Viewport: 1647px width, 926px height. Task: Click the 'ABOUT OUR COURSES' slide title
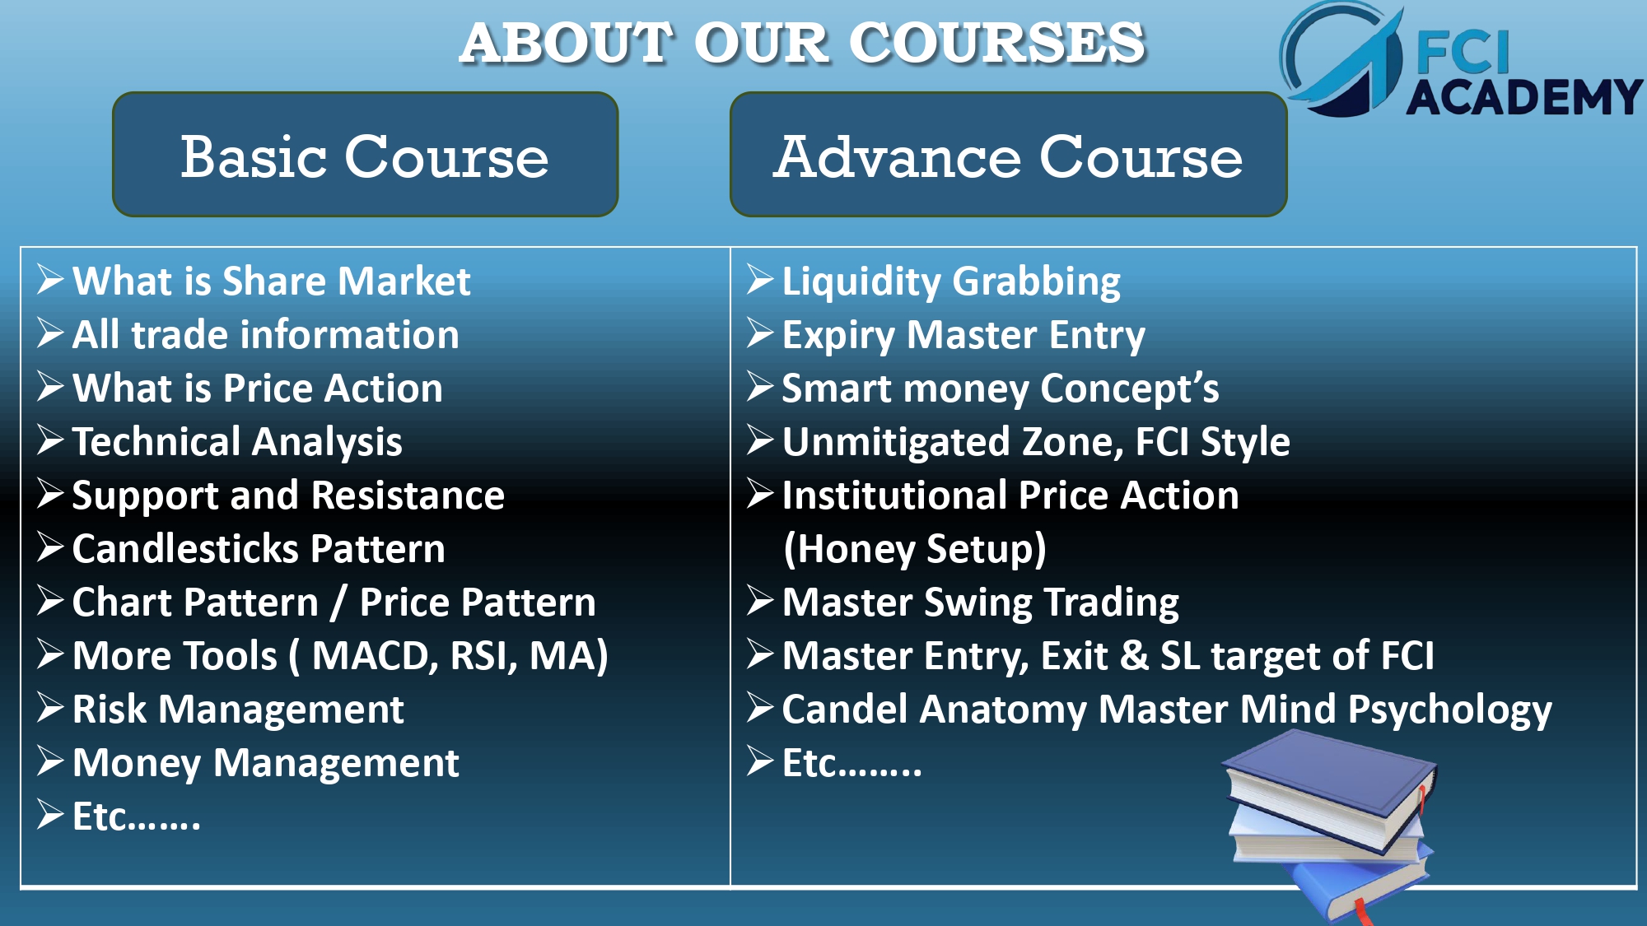tap(803, 43)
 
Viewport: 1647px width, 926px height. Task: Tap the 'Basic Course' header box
tap(365, 155)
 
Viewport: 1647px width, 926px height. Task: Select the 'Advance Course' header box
tap(1008, 155)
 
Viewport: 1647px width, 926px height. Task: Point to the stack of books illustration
tap(1330, 823)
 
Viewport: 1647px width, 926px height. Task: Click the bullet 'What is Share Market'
tap(271, 282)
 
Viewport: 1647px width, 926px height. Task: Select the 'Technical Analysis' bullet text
tap(237, 443)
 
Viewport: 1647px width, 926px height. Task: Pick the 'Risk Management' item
tap(238, 710)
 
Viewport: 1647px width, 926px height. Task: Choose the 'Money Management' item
tap(265, 764)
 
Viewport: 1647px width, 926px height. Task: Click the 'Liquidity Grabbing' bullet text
tap(951, 282)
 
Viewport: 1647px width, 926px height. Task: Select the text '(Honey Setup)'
tap(914, 550)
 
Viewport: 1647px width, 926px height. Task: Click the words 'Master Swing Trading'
tap(980, 603)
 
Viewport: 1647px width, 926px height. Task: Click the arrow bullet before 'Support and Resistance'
tap(51, 495)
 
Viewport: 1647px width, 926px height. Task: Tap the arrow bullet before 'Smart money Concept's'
tap(761, 388)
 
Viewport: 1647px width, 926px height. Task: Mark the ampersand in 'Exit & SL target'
tap(1134, 656)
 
